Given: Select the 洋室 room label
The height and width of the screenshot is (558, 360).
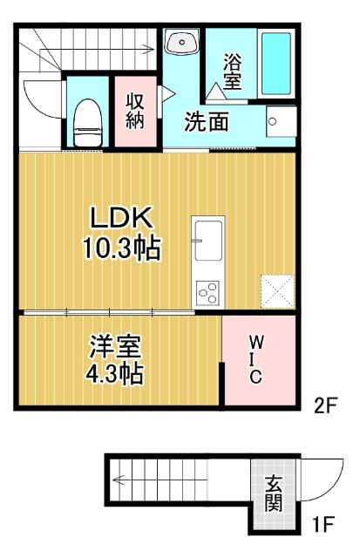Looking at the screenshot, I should pos(112,345).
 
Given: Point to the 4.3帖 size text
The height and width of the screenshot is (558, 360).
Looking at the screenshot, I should pos(113,374).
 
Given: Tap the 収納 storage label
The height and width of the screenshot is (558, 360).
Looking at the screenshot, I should pos(134,111).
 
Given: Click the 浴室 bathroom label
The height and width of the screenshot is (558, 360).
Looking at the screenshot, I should pos(232,71).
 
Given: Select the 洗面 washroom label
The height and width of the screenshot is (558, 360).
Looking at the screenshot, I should pos(207,122).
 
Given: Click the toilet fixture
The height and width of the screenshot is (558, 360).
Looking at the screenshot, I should pos(87,120).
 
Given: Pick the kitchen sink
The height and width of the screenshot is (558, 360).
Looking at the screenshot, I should pos(208,240).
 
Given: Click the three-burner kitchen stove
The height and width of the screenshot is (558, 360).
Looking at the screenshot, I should pos(208,293).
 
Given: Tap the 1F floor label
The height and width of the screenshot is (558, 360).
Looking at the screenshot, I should pos(324,525).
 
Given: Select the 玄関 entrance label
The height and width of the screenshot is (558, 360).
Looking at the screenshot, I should pos(274,493).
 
